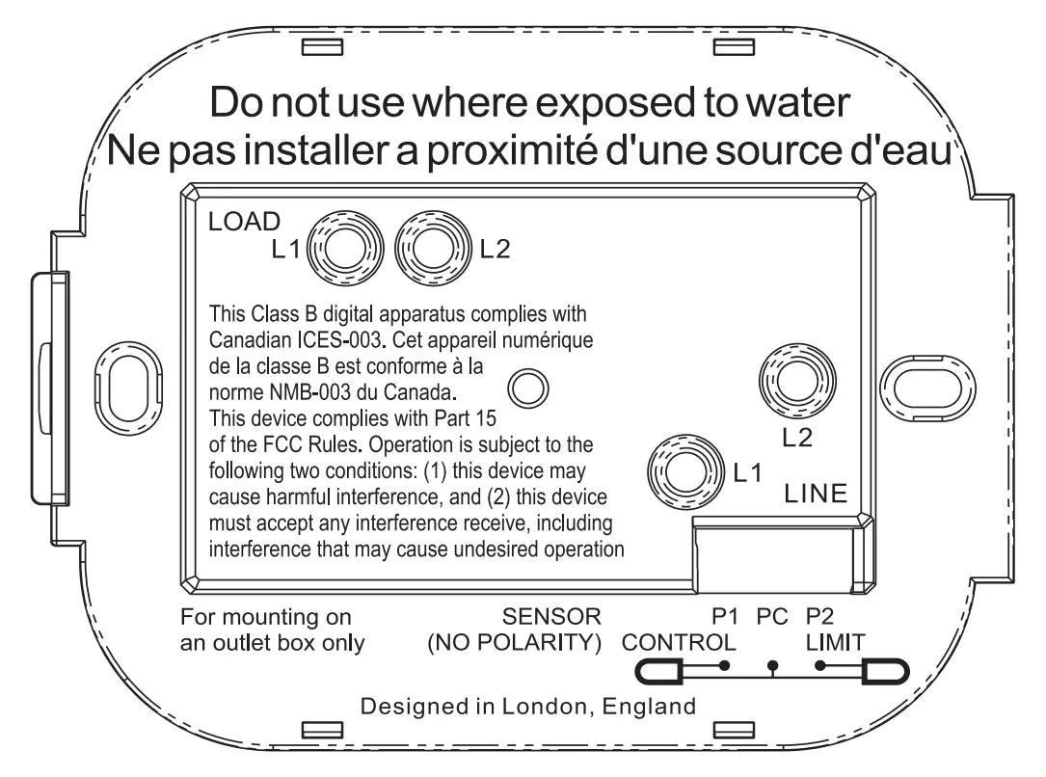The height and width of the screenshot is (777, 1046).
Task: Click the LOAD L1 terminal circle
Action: click(x=337, y=253)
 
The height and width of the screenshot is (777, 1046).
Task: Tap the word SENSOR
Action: click(x=551, y=617)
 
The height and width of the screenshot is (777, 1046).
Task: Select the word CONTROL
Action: click(x=680, y=642)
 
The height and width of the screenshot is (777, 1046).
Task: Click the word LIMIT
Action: click(x=835, y=642)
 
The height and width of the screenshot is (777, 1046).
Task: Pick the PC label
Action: click(x=773, y=616)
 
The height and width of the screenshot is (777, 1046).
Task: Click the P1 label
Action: click(x=725, y=616)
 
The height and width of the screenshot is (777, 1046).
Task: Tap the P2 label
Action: click(x=821, y=616)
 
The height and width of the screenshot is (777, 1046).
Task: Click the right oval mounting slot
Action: click(x=922, y=386)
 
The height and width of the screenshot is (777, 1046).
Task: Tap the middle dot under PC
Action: click(x=772, y=666)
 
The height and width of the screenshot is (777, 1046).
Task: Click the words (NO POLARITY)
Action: click(x=514, y=642)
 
